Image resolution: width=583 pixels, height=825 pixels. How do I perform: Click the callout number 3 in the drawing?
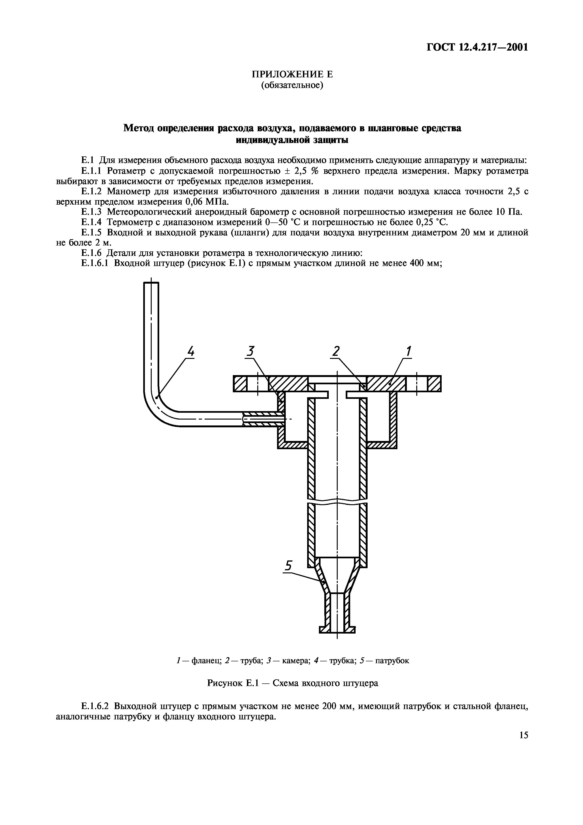250,351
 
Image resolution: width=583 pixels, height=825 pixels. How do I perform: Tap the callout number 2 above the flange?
336,351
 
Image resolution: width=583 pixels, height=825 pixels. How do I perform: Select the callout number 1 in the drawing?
408,351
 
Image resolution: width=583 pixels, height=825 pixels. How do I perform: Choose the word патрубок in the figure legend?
392,660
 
